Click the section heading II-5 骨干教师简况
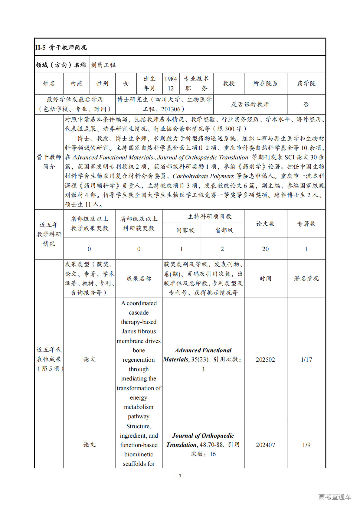tap(61, 47)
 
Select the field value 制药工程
tap(103, 65)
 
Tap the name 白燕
tap(77, 83)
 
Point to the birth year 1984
tap(171, 79)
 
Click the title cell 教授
tap(228, 83)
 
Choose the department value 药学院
tap(306, 83)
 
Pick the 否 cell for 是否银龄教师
tap(306, 104)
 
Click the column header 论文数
tap(265, 224)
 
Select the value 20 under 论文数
tap(265, 249)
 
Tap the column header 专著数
tap(306, 224)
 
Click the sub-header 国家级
tap(185, 230)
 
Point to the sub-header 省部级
tap(224, 230)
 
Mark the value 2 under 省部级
tap(222, 249)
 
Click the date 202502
tap(265, 360)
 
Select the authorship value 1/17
tap(306, 360)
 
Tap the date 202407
tap(265, 445)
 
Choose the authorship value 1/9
tap(306, 445)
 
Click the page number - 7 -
tap(180, 476)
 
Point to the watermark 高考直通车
tap(335, 497)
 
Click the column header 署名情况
tap(306, 279)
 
